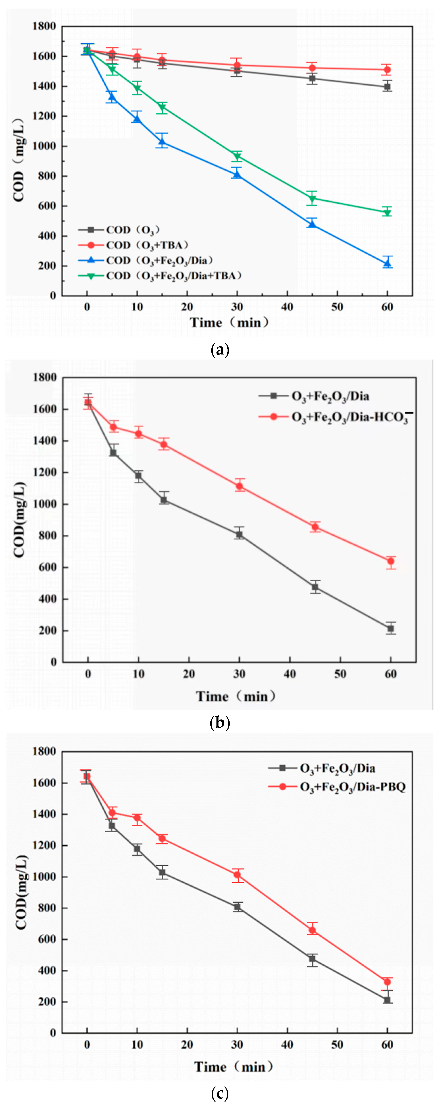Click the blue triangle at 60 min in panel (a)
387,263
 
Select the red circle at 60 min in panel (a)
387,70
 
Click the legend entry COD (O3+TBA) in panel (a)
147,245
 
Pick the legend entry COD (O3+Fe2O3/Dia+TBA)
172,276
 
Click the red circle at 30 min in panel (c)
237,875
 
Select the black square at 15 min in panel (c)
162,873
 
